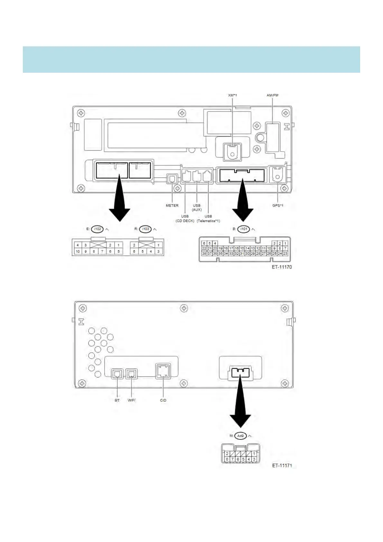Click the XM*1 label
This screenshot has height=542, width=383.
pyautogui.click(x=232, y=95)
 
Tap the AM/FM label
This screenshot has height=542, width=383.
pyautogui.click(x=272, y=95)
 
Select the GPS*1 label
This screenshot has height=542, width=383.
pyautogui.click(x=278, y=205)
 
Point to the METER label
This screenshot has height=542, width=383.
pyautogui.click(x=172, y=205)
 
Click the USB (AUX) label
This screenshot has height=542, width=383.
pyautogui.click(x=197, y=208)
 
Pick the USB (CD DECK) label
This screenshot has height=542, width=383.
pyautogui.click(x=185, y=219)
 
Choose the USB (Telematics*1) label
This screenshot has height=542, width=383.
pyautogui.click(x=208, y=219)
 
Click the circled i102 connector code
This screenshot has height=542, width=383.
pyautogui.click(x=98, y=229)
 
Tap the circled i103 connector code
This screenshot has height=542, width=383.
pyautogui.click(x=145, y=229)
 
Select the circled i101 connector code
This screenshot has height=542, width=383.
pyautogui.click(x=244, y=229)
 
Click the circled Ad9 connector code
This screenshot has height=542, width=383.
pyautogui.click(x=240, y=436)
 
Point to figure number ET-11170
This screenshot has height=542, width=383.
pyautogui.click(x=282, y=267)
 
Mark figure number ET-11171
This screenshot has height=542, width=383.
pyautogui.click(x=282, y=465)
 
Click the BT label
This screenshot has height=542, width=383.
pyautogui.click(x=117, y=400)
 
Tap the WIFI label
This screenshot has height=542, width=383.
pyautogui.click(x=131, y=400)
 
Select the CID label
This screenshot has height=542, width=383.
pyautogui.click(x=163, y=400)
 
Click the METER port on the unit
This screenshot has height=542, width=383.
pyautogui.click(x=172, y=179)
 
